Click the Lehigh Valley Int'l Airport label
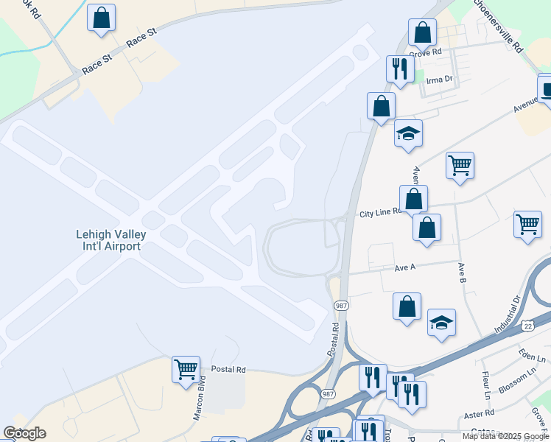[x=111, y=240]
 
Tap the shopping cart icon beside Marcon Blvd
[x=186, y=368]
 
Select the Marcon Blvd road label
[x=198, y=399]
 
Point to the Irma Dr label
[x=438, y=80]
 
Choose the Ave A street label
[x=405, y=267]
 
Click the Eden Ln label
[x=530, y=357]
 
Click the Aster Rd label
[x=480, y=413]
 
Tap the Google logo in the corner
[x=24, y=433]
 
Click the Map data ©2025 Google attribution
[x=505, y=436]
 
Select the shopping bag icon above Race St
[x=101, y=18]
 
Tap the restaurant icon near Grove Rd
[x=399, y=69]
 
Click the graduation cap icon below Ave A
[x=441, y=323]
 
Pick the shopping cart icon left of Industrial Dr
[x=527, y=224]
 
